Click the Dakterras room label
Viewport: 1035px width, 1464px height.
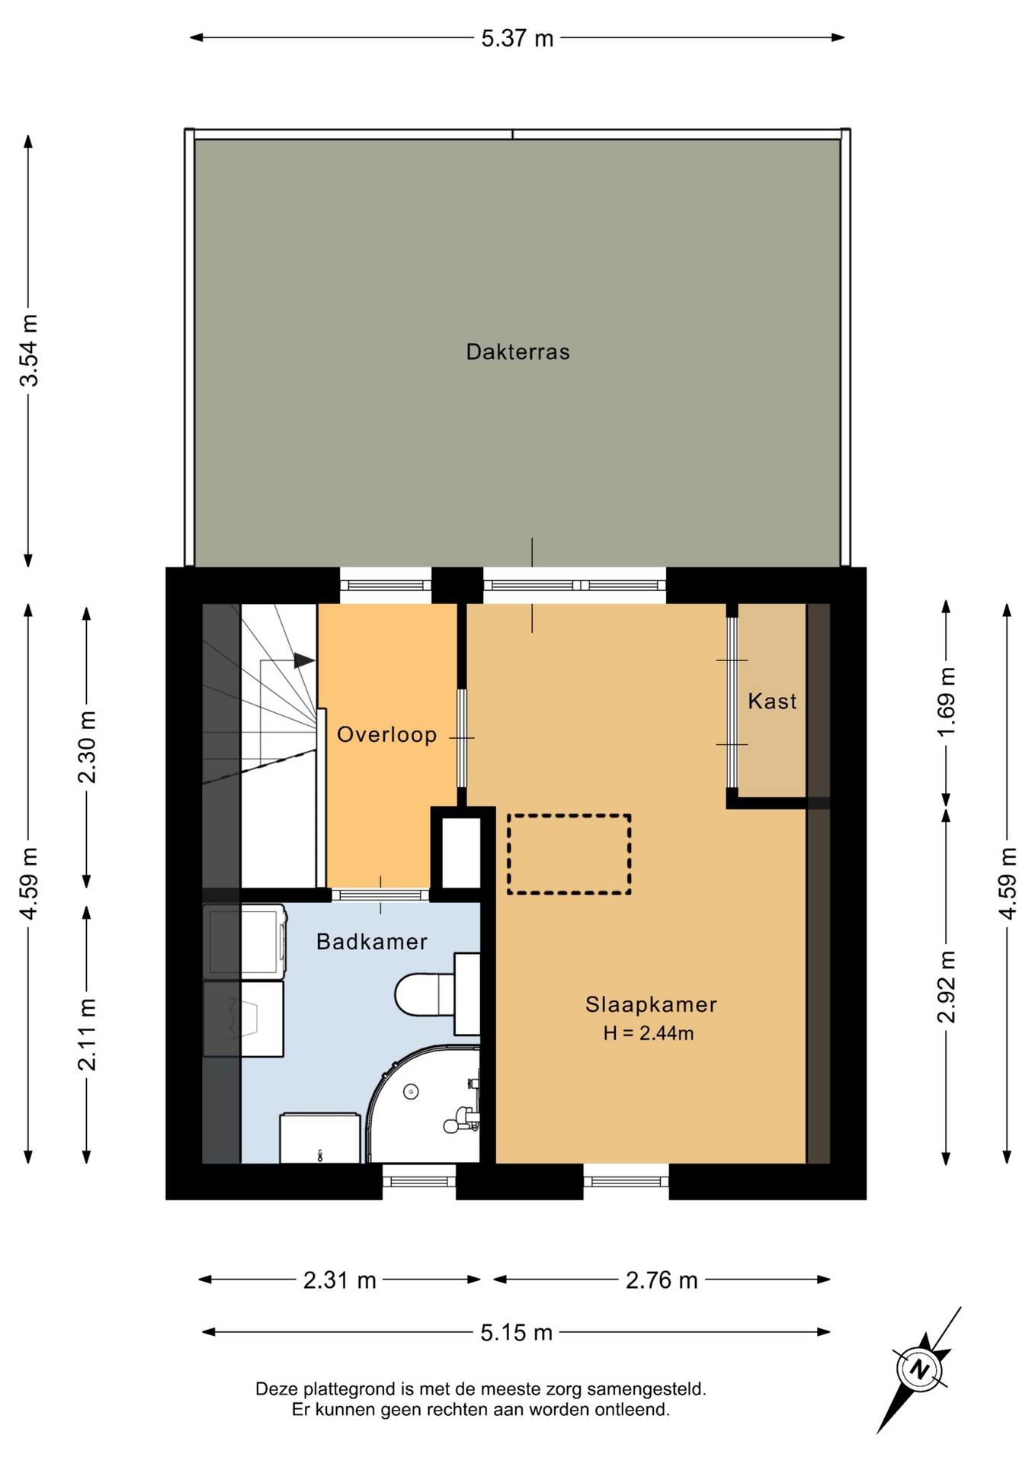point(517,352)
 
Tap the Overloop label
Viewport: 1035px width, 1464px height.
point(387,734)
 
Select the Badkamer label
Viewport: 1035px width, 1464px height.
point(372,942)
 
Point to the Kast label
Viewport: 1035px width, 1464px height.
point(772,701)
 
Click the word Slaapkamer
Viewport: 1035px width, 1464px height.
point(651,1004)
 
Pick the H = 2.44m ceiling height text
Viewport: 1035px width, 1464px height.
point(649,1033)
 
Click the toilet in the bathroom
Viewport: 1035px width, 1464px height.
point(437,994)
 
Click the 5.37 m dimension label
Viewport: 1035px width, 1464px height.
point(517,38)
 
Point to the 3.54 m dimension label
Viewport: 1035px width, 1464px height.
point(29,351)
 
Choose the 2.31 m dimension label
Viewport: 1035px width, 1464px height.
point(340,1279)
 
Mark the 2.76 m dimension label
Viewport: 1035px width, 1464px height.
point(662,1279)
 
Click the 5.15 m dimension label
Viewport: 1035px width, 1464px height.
point(516,1332)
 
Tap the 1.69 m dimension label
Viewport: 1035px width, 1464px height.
point(946,701)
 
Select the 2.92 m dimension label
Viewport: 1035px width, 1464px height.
point(946,987)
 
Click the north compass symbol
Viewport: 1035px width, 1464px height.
point(921,1369)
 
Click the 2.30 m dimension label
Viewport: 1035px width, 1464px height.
point(87,747)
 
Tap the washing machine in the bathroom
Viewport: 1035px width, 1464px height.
point(245,941)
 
